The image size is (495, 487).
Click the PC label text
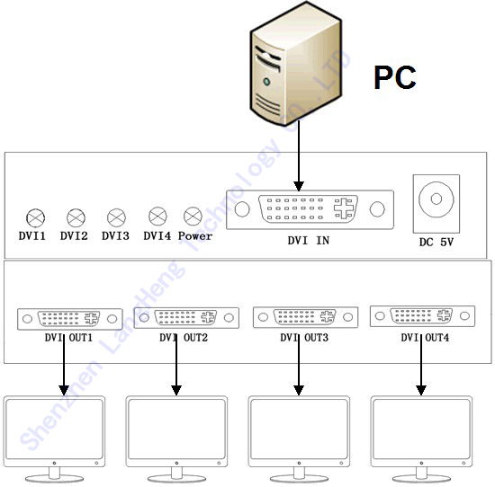coord(395,77)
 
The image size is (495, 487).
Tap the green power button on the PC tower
coord(266,82)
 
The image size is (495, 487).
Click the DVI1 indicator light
coord(35,217)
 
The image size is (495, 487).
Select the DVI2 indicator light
coord(76,217)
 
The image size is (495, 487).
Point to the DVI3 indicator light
coord(116,217)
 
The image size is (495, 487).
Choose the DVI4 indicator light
coord(157,217)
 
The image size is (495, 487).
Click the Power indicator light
coord(193,217)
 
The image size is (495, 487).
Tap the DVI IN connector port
coord(310,209)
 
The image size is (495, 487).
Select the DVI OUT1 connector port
coord(70,319)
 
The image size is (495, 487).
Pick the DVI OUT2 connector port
coord(186,318)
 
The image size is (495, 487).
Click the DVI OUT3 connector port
coord(306,317)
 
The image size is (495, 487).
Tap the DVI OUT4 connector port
coord(422,316)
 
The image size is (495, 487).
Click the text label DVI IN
coord(309,241)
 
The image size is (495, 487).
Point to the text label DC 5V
coord(436,242)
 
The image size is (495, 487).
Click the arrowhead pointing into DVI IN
coord(299,186)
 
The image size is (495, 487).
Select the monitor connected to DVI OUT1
coord(54,438)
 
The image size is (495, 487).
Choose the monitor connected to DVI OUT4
coord(421,438)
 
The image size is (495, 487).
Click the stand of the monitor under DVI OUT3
coord(299,475)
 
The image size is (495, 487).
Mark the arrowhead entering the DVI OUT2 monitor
coord(176,391)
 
